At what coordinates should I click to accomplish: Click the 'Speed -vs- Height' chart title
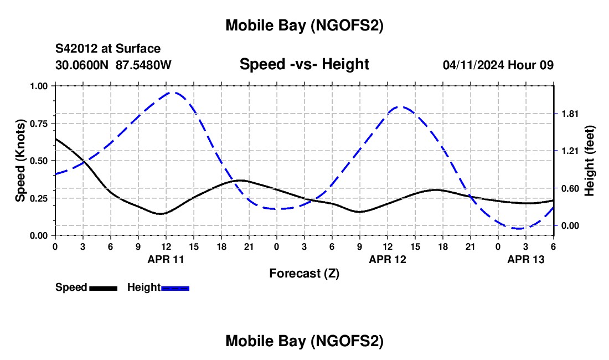tap(304, 64)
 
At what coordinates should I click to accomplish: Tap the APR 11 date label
tap(166, 259)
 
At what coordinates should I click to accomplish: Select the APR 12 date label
tap(388, 259)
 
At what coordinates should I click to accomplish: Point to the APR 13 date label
tap(526, 259)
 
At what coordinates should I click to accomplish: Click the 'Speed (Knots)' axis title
tap(20, 161)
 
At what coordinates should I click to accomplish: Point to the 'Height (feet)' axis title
tap(590, 161)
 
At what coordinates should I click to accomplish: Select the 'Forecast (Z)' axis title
tap(304, 273)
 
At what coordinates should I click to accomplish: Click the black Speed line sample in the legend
tap(104, 288)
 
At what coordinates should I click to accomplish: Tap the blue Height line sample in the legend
tap(176, 288)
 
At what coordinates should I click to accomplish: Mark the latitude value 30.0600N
tap(82, 65)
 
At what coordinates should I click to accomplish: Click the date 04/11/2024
tap(473, 65)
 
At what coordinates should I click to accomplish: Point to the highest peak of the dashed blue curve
tap(174, 92)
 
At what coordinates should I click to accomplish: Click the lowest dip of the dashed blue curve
tap(519, 228)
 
